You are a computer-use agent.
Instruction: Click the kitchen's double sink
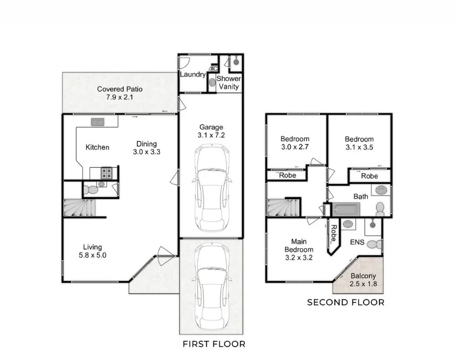coord(97,122)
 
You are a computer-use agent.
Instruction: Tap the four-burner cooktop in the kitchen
coord(107,173)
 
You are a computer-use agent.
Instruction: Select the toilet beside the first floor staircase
coord(92,189)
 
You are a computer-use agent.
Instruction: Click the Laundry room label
coord(192,75)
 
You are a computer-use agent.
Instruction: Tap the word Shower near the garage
coord(228,79)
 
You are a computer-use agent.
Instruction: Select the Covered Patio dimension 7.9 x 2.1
coord(120,97)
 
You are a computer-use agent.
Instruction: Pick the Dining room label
coord(146,144)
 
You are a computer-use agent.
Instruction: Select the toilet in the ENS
coord(377,244)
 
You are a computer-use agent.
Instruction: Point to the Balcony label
coord(363,276)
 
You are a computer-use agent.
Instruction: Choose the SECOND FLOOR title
coord(345,302)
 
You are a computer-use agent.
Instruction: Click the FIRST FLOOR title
coord(214,343)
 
